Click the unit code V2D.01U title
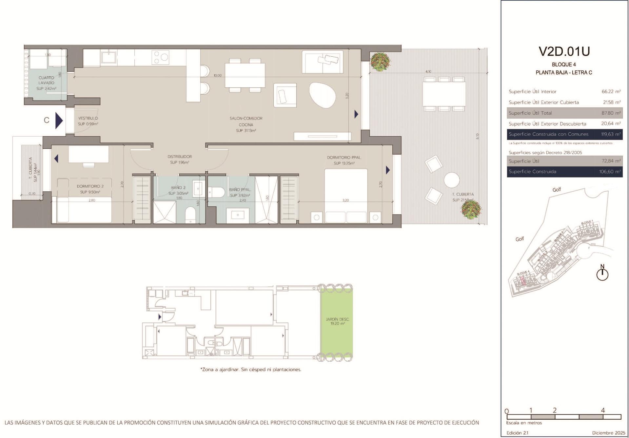point(564,51)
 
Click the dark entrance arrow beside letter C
point(59,120)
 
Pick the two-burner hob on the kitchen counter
point(161,57)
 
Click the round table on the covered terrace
point(452,181)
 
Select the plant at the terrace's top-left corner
point(379,62)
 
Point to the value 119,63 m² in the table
point(611,134)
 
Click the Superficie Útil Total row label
point(530,113)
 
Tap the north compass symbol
point(602,274)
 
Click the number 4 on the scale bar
point(603,410)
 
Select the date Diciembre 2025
point(606,433)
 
